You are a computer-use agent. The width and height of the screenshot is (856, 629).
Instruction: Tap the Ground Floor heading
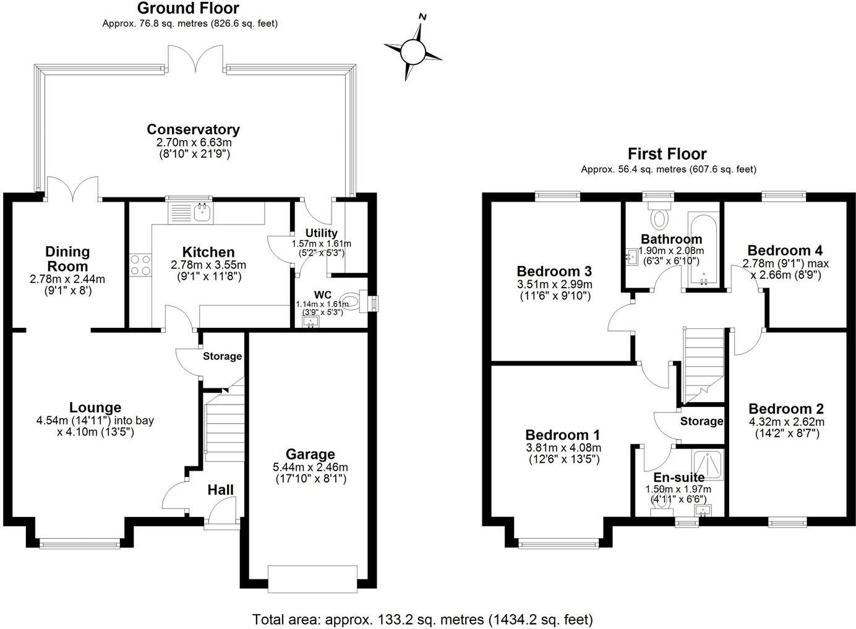[188, 8]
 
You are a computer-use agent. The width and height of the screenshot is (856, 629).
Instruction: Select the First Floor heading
[667, 153]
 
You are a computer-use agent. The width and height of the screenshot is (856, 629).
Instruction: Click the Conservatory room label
[193, 130]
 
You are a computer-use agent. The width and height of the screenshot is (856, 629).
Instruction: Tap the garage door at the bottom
[312, 579]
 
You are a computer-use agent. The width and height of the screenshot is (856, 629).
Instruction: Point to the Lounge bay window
[83, 544]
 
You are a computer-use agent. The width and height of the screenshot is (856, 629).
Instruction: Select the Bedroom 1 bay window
[559, 544]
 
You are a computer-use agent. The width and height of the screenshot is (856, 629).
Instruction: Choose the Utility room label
[322, 233]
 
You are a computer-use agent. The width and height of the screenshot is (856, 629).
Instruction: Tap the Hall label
[220, 490]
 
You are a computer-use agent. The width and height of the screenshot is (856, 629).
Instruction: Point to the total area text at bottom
[422, 618]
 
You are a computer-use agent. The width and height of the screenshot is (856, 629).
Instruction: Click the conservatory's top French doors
[197, 61]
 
